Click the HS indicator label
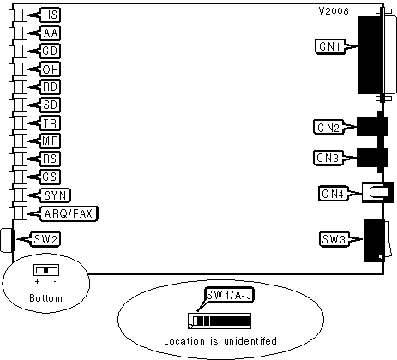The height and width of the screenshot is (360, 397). (x=51, y=15)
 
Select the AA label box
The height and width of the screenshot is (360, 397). (x=51, y=33)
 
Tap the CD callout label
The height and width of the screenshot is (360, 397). (x=50, y=51)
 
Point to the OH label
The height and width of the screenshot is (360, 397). (x=50, y=69)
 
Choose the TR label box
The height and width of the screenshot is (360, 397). (x=50, y=123)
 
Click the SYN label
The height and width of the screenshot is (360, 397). (x=56, y=195)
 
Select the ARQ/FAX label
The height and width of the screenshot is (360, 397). (x=69, y=213)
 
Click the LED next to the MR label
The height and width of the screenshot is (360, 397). (x=18, y=141)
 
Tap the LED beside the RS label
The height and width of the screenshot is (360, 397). (x=18, y=159)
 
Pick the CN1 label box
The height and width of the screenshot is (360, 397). (x=330, y=46)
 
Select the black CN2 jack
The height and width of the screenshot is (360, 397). (x=372, y=127)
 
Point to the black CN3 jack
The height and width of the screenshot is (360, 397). (x=372, y=158)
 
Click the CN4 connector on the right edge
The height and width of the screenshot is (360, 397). (x=378, y=192)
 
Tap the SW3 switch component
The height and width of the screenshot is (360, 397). (x=376, y=240)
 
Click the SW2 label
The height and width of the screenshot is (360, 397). (x=45, y=239)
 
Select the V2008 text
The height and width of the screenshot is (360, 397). (x=334, y=11)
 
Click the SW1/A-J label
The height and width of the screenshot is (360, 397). (x=230, y=295)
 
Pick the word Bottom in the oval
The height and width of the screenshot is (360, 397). (x=45, y=298)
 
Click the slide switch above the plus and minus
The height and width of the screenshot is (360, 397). (x=46, y=270)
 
